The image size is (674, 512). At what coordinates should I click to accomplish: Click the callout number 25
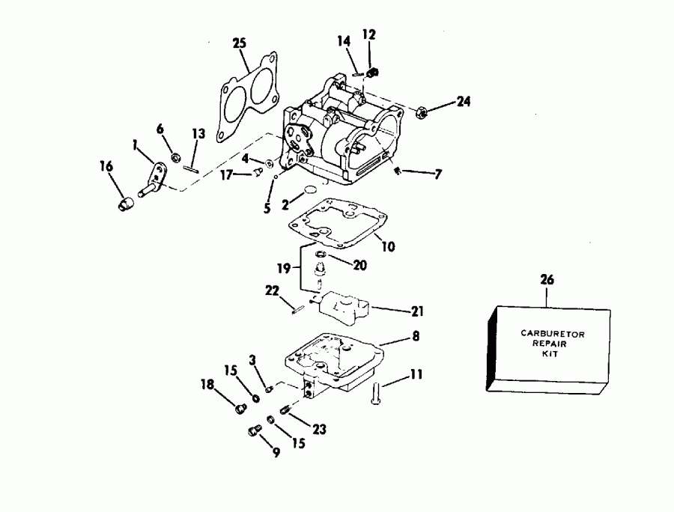tap(239, 44)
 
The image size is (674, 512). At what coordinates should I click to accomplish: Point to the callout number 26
tap(547, 280)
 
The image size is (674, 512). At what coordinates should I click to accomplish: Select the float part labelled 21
tap(342, 302)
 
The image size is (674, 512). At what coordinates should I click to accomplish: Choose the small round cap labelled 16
tap(126, 204)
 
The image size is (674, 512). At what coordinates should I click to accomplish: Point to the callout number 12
tap(369, 34)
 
